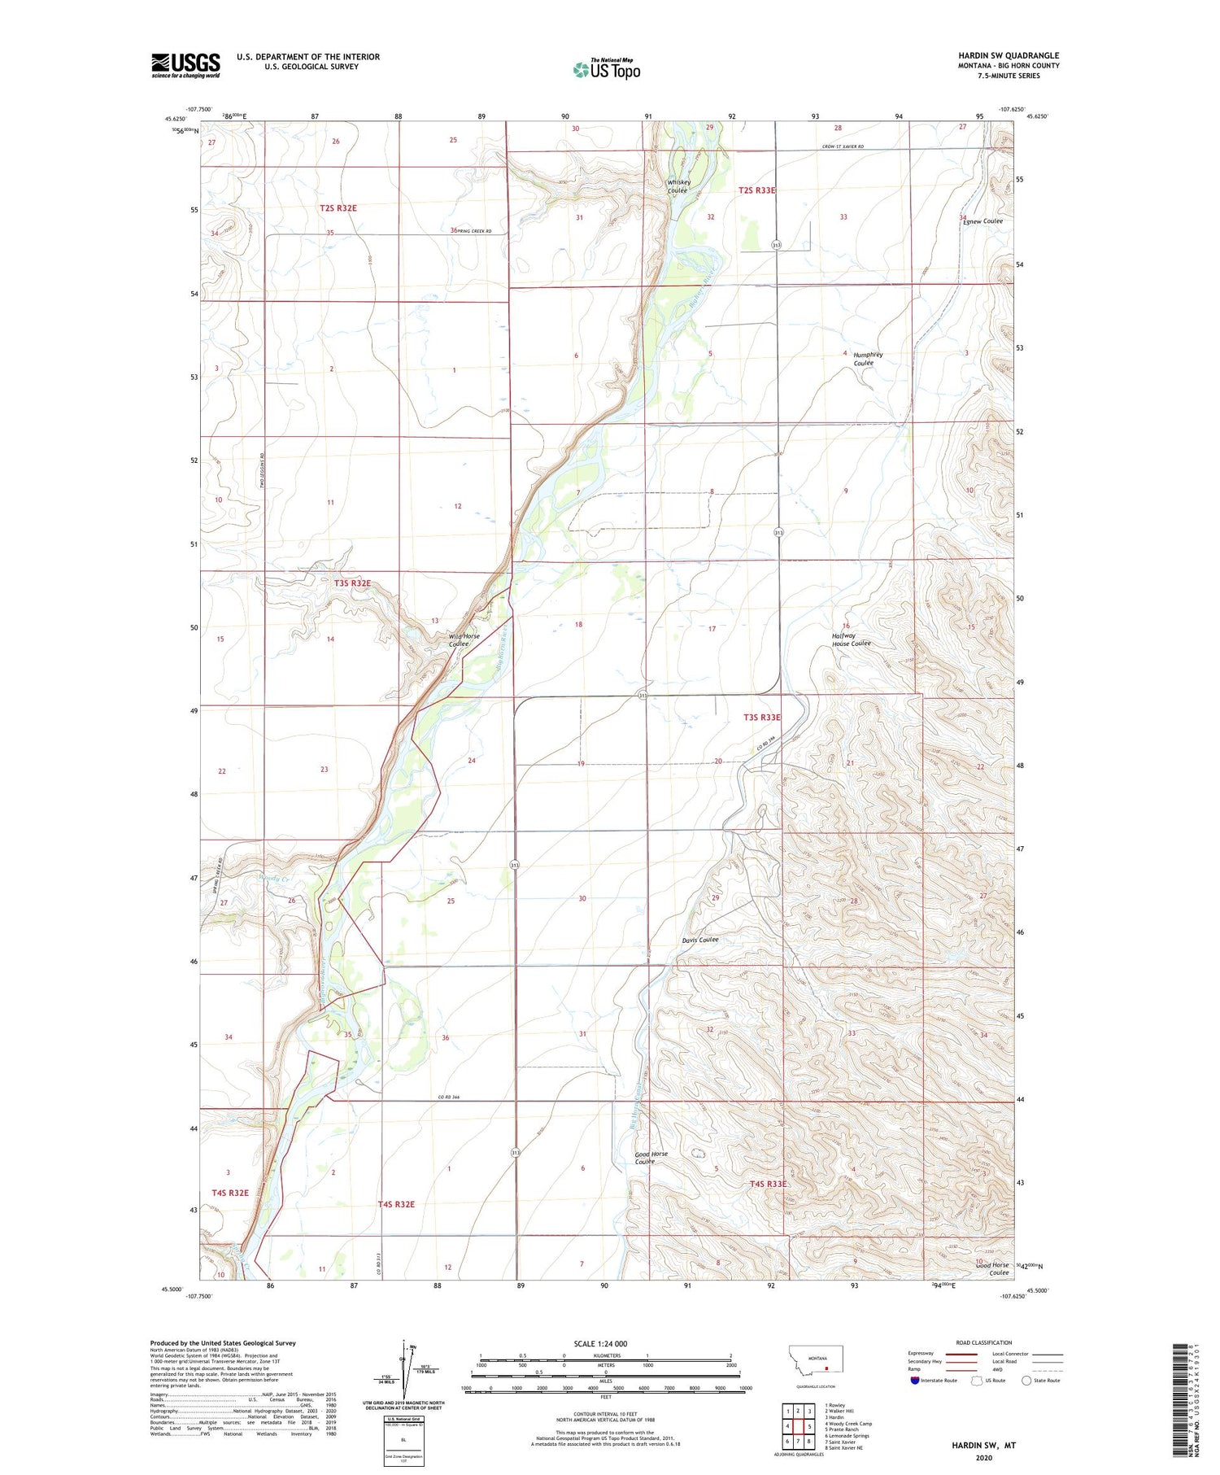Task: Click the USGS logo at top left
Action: pos(185,65)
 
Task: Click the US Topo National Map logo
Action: pos(606,69)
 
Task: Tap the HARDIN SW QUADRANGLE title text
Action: pos(1009,55)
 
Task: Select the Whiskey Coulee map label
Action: pos(679,186)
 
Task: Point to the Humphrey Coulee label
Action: pos(867,359)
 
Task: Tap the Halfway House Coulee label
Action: pos(850,639)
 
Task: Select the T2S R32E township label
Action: pos(338,208)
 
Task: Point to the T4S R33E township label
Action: pos(768,1184)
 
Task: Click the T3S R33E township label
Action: pos(762,718)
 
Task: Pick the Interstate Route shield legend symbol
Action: pos(916,1380)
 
